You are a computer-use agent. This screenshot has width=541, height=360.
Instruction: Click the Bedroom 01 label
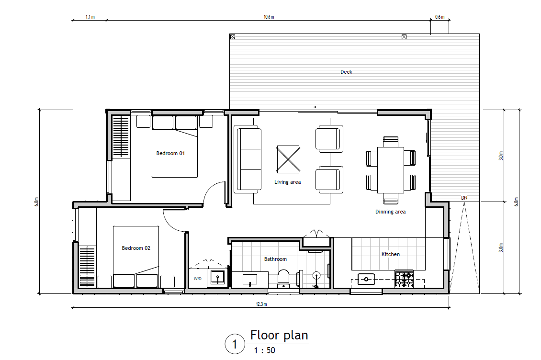[x=170, y=154]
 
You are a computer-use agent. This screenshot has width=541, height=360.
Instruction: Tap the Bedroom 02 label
[x=136, y=248]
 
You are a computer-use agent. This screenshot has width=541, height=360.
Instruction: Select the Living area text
[x=287, y=182]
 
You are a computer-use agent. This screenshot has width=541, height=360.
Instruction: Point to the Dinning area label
[x=390, y=212]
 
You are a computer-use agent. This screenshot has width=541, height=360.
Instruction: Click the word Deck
[x=346, y=72]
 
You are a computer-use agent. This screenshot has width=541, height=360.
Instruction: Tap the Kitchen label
[x=390, y=254]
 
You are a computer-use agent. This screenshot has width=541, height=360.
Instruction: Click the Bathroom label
[x=275, y=259]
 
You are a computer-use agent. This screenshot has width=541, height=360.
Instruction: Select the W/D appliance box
[x=197, y=278]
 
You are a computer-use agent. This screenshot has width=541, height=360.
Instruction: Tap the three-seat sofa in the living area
[x=248, y=158]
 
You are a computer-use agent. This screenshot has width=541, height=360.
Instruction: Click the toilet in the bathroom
[x=283, y=278]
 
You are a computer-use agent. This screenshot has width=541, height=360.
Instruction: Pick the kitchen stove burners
[x=404, y=279]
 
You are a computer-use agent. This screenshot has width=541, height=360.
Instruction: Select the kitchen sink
[x=367, y=278]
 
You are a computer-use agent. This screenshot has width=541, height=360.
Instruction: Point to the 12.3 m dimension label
[x=261, y=304]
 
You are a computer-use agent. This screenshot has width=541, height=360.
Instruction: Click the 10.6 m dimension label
[x=269, y=17]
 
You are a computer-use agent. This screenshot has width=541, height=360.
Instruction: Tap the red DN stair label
[x=463, y=198]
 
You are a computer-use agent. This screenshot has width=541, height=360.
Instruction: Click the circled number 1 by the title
[x=235, y=344]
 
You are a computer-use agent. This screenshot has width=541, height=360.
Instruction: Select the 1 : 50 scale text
[x=264, y=350]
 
